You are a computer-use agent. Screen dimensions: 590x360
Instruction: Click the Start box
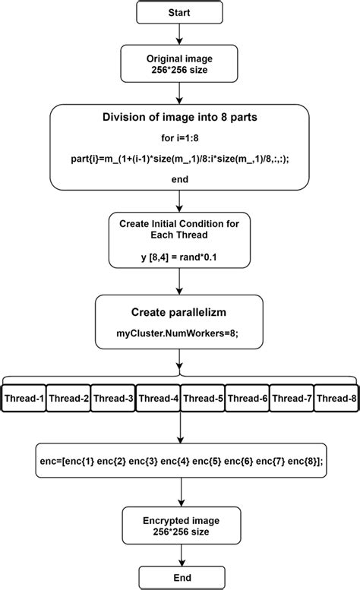click(179, 12)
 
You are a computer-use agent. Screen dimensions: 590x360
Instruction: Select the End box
click(179, 576)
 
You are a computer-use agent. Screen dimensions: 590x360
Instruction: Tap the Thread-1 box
click(24, 398)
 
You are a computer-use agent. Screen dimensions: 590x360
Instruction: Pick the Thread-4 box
click(158, 398)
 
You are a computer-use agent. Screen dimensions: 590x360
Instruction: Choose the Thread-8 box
click(336, 398)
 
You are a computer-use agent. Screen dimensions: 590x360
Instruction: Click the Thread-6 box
click(248, 398)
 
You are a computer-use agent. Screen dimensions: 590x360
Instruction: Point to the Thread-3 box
click(113, 398)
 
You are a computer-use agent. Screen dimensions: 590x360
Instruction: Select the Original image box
click(179, 64)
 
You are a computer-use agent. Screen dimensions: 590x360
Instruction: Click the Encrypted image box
click(179, 525)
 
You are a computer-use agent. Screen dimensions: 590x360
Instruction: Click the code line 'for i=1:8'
click(179, 138)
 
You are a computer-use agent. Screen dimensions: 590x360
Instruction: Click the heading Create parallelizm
click(179, 312)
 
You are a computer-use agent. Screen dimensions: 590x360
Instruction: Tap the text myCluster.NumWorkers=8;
click(179, 333)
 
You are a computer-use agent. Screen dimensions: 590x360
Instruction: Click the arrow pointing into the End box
click(179, 554)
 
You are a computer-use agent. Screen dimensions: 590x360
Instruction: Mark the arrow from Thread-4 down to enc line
click(179, 429)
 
